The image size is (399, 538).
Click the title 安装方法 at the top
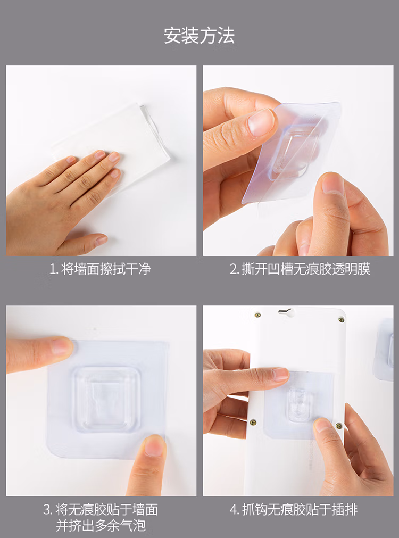pyautogui.click(x=199, y=36)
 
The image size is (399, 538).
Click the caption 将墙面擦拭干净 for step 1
pyautogui.click(x=106, y=269)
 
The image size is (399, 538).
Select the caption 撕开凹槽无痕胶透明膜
pyautogui.click(x=306, y=269)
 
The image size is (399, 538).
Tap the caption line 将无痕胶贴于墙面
pyautogui.click(x=106, y=510)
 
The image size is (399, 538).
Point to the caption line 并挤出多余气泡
pyautogui.click(x=101, y=526)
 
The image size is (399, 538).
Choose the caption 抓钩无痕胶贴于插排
pyautogui.click(x=300, y=510)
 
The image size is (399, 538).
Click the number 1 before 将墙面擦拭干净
pyautogui.click(x=53, y=270)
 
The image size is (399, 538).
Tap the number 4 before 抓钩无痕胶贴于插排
pyautogui.click(x=234, y=510)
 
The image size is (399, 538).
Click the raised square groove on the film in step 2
pyautogui.click(x=292, y=152)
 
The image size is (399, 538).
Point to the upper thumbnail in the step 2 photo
pyautogui.click(x=261, y=122)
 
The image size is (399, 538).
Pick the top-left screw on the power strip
pyautogui.click(x=257, y=314)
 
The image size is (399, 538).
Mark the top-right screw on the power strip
pyautogui.click(x=342, y=320)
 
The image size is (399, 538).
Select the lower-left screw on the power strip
pyautogui.click(x=253, y=421)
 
